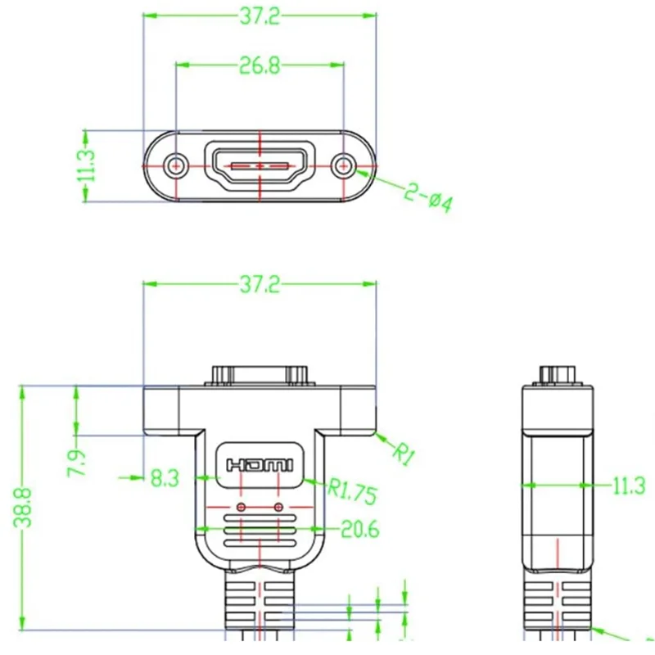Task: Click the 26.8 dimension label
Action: click(259, 65)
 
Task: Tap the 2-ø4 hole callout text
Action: click(428, 198)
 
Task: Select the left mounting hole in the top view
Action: click(176, 166)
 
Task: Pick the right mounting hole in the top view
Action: click(344, 166)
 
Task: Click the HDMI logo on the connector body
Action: click(260, 465)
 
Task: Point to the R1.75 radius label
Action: click(352, 491)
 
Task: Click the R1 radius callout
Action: click(404, 454)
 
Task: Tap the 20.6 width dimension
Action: click(359, 530)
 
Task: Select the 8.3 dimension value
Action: click(165, 478)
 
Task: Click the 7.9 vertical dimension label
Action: click(78, 463)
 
